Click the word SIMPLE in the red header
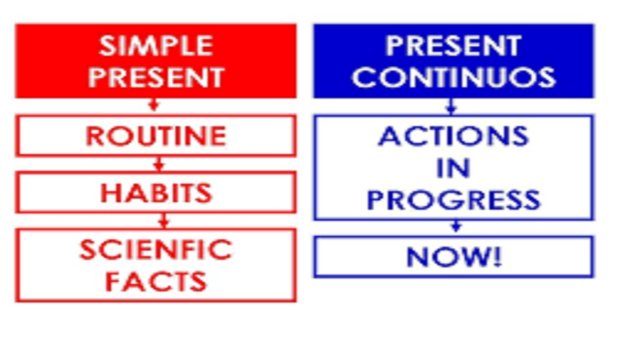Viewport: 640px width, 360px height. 155,46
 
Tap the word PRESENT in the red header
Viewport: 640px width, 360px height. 155,77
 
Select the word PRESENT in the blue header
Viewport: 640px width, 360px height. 453,46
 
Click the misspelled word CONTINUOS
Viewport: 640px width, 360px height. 453,77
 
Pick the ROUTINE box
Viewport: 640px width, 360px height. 155,135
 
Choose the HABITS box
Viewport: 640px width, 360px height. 155,192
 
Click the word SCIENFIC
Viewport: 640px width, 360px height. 155,249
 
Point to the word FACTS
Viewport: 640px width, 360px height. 155,279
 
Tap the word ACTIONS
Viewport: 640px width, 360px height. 453,136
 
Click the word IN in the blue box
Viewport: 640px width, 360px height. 453,167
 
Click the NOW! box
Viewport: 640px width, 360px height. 453,256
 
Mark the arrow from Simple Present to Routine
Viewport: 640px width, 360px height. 154,106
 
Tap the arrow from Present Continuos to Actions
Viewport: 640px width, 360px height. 452,106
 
